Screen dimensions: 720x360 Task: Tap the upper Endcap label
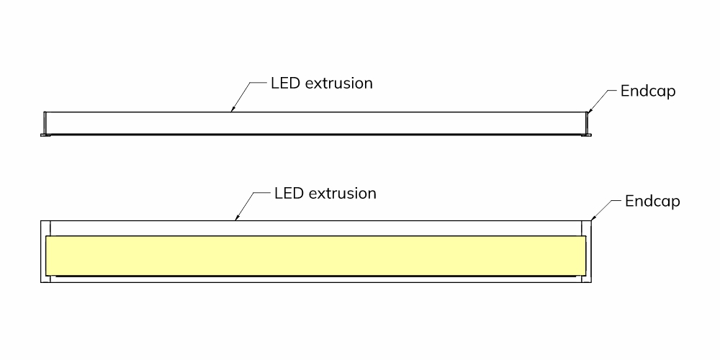(648, 91)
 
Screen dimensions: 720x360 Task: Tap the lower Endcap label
(652, 202)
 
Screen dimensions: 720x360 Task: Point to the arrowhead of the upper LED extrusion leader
(233, 109)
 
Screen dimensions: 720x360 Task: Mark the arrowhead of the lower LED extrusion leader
(237, 217)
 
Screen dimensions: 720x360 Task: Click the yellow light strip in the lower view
(316, 256)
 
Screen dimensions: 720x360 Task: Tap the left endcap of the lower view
(45, 251)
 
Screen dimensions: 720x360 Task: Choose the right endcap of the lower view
(586, 251)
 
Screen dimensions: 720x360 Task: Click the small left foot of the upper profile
(44, 135)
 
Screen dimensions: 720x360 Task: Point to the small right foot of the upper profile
(588, 135)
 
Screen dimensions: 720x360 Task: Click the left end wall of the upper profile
(45, 123)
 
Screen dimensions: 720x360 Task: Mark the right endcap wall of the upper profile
(586, 123)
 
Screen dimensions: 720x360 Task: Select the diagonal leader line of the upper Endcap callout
(598, 101)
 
